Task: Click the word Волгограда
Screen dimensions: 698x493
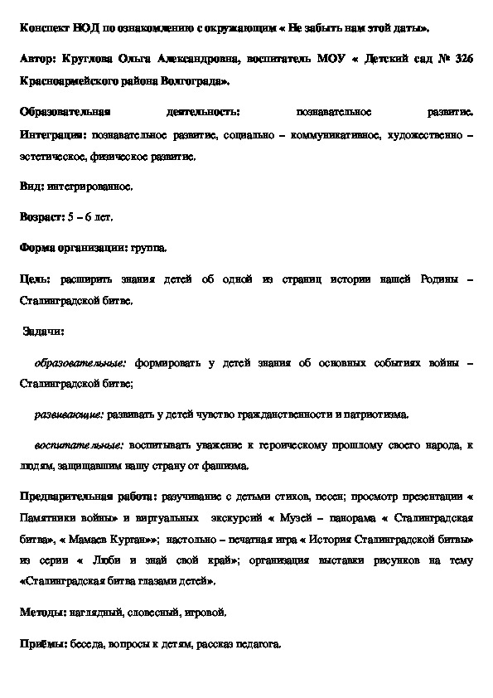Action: [200, 81]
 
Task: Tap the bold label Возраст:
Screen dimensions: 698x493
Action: [41, 216]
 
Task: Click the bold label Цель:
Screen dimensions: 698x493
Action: [34, 279]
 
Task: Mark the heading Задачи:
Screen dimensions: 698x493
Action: [46, 332]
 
